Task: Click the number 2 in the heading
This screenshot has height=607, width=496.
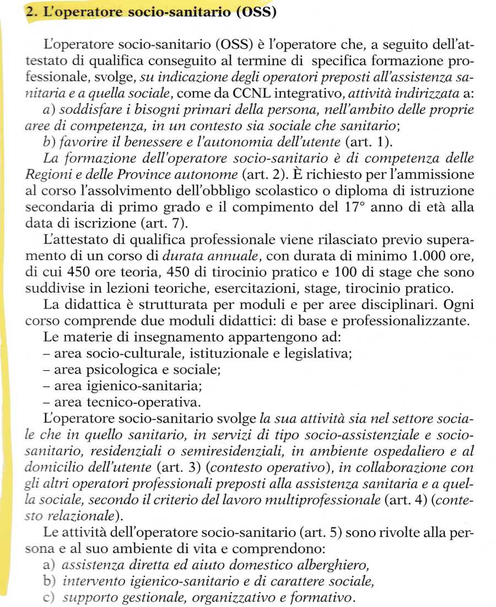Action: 31,12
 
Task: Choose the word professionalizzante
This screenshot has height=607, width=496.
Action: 406,321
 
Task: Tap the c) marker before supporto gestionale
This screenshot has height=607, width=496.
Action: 49,597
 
